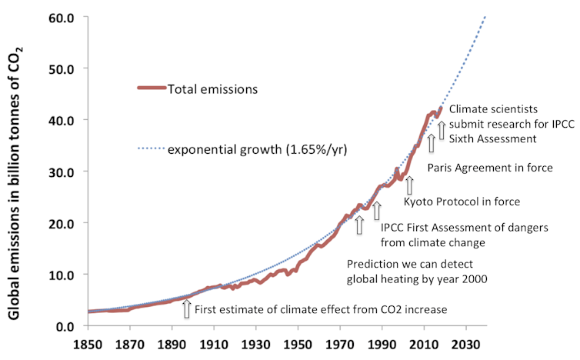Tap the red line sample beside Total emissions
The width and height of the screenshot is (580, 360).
pyautogui.click(x=152, y=88)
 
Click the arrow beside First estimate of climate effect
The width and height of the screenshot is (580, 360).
pyautogui.click(x=185, y=308)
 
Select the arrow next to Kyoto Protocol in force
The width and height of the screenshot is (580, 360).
pyautogui.click(x=410, y=185)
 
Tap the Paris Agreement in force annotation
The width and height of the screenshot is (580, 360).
pyautogui.click(x=489, y=167)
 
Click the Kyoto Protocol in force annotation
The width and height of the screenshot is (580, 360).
pyautogui.click(x=462, y=202)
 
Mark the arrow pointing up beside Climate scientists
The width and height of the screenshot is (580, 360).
pyautogui.click(x=442, y=127)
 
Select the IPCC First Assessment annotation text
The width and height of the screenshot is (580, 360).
pyautogui.click(x=442, y=227)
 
